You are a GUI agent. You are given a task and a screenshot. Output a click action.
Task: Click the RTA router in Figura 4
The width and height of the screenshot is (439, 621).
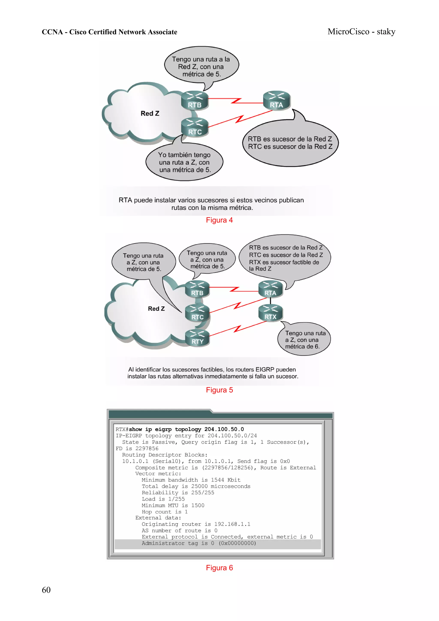[276, 100]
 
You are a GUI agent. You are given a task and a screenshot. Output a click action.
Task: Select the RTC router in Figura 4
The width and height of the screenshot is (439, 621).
[194, 127]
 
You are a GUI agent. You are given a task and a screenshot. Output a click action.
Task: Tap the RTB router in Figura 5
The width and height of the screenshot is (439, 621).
[197, 289]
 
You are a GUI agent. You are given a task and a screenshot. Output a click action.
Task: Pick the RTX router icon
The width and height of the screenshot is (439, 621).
[270, 313]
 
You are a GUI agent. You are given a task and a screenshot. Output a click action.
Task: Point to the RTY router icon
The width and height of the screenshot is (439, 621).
[197, 338]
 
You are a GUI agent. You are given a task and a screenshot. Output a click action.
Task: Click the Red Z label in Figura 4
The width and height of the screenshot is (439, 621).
[150, 113]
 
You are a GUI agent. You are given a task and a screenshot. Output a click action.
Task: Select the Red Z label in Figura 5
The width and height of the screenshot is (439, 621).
[156, 309]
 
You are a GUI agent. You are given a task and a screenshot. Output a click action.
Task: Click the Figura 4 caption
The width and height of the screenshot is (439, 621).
[219, 220]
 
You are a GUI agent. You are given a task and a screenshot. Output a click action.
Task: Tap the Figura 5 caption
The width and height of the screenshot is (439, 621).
[219, 390]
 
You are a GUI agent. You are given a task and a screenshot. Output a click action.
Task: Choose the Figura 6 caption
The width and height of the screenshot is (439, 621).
[219, 568]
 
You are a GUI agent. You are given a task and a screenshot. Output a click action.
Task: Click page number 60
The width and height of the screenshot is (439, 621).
[46, 590]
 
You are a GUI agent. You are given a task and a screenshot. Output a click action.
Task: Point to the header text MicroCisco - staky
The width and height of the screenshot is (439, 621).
[361, 32]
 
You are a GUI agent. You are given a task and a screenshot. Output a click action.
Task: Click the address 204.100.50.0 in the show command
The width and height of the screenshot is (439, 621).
[224, 429]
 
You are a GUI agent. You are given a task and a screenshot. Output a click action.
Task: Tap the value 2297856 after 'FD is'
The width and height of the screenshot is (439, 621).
[147, 448]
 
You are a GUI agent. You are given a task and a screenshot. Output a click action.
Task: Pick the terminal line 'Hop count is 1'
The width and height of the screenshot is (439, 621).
[164, 512]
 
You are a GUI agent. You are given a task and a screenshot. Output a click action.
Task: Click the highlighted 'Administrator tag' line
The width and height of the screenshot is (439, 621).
[198, 543]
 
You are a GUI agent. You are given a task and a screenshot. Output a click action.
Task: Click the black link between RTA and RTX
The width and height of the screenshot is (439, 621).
[270, 301]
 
